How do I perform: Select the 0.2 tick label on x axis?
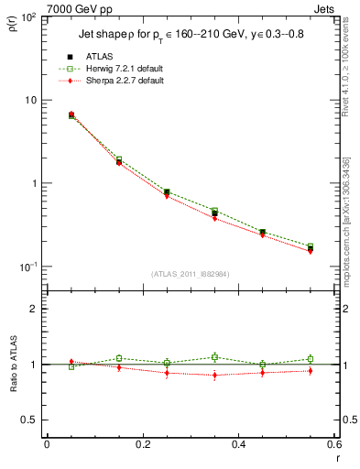click(142, 444)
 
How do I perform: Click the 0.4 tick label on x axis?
click(238, 444)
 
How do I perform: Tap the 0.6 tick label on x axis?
click(333, 444)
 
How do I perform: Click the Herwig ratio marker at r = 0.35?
click(214, 357)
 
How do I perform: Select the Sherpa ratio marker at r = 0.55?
click(311, 371)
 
